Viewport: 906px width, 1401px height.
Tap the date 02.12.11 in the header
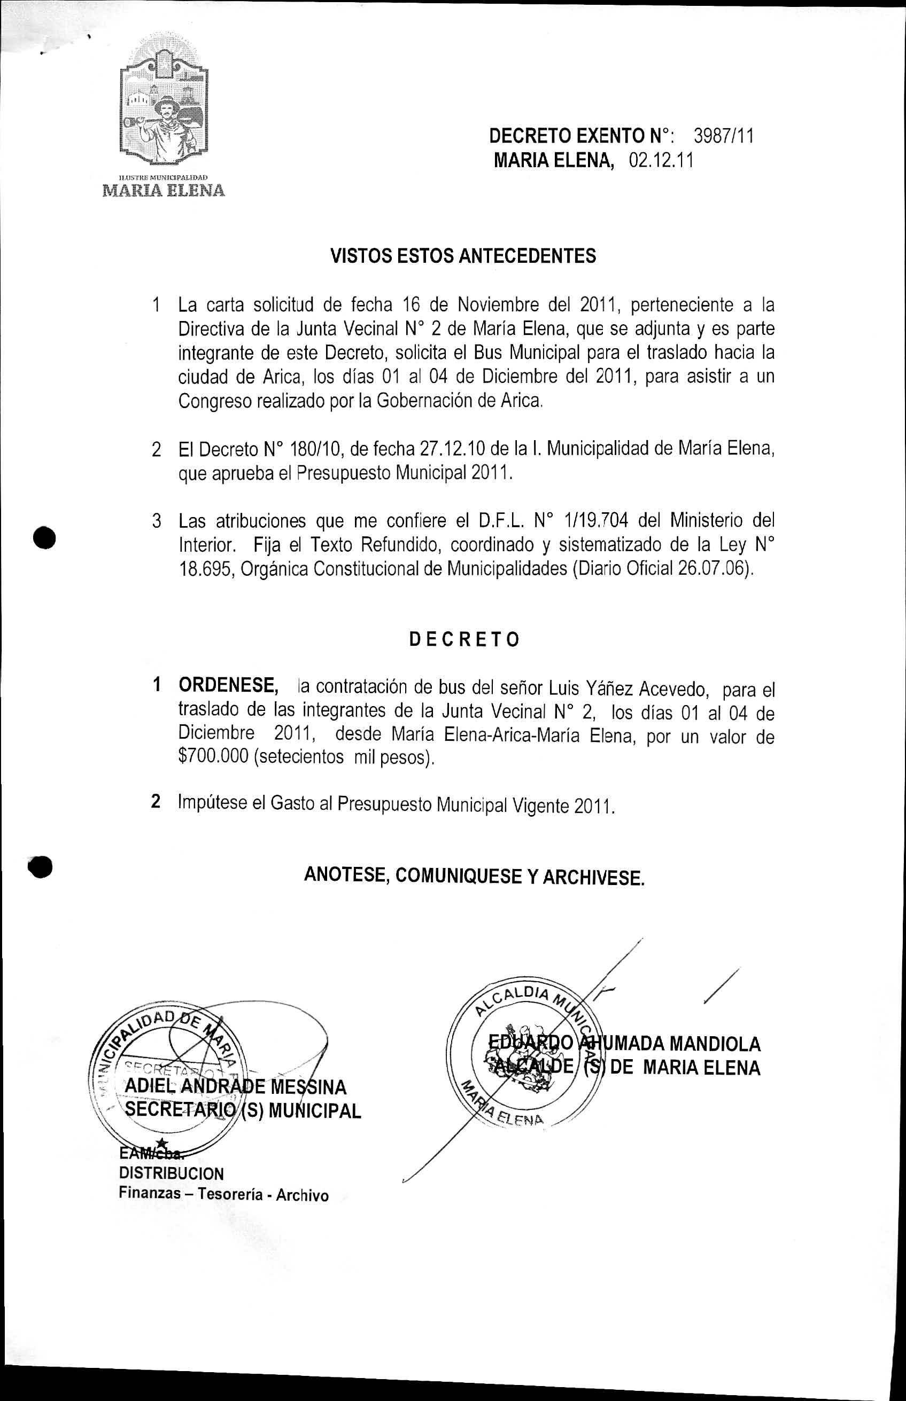point(661,160)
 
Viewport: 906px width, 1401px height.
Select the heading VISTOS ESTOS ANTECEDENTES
point(463,256)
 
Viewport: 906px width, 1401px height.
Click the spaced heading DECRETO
point(464,639)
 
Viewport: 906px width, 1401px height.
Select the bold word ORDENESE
point(228,685)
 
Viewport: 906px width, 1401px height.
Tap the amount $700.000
point(214,756)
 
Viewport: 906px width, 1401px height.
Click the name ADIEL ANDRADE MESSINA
point(236,1086)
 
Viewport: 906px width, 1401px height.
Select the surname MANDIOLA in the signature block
point(715,1044)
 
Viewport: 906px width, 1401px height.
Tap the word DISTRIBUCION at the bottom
point(171,1173)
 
